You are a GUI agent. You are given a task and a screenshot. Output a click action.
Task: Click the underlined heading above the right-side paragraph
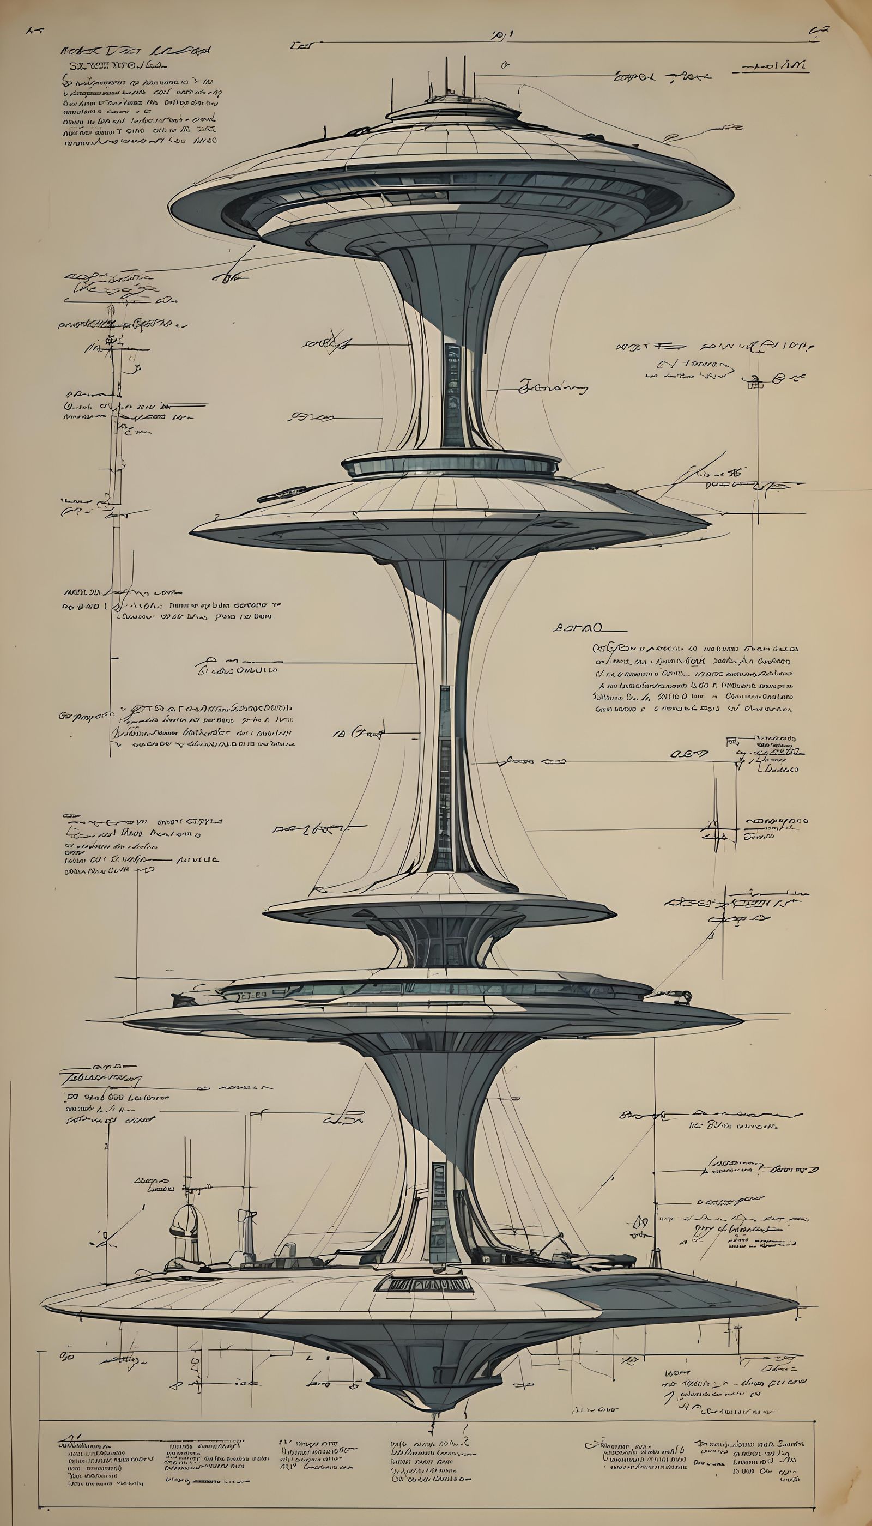[580, 629]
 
